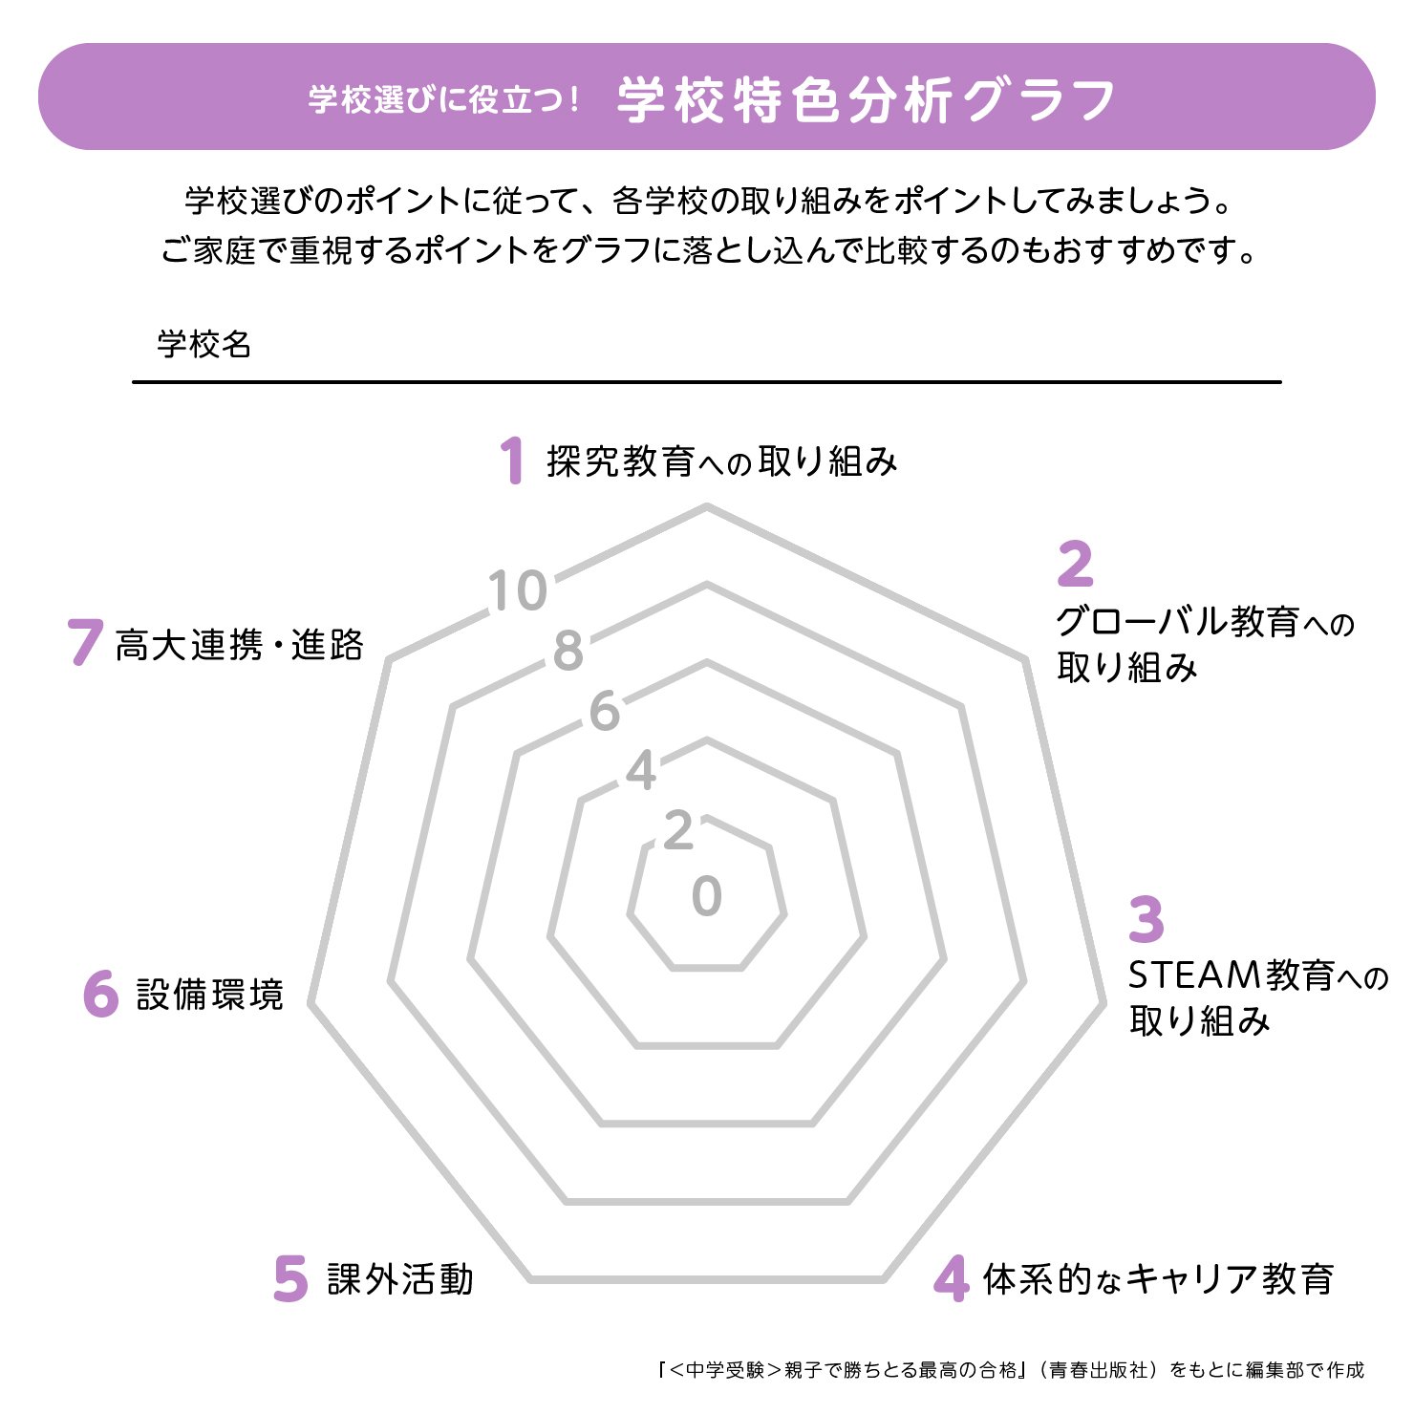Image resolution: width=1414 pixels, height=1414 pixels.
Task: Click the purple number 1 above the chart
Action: [x=513, y=461]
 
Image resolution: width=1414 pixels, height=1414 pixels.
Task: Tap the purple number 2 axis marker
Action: [x=1075, y=564]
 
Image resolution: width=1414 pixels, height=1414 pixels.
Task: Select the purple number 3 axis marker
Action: [x=1146, y=919]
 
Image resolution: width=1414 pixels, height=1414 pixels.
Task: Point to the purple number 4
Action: [x=952, y=1278]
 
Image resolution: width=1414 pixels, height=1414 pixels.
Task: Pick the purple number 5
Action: [x=290, y=1278]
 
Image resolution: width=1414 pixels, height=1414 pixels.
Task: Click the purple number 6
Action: [x=100, y=994]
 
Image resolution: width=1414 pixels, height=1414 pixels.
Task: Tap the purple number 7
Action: [x=84, y=642]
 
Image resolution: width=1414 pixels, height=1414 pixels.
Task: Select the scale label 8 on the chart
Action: [x=568, y=651]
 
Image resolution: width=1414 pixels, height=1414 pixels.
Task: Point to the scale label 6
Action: [x=604, y=711]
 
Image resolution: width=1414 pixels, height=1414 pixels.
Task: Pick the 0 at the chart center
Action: [x=707, y=896]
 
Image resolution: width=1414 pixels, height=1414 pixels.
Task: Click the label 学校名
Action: [x=204, y=344]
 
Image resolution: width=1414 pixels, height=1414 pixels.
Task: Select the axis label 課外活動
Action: [x=400, y=1279]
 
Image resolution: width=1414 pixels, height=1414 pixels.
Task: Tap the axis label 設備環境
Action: [x=209, y=995]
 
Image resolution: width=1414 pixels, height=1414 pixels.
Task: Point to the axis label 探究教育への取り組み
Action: [x=722, y=461]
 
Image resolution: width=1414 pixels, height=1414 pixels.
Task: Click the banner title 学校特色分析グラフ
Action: [x=866, y=99]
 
